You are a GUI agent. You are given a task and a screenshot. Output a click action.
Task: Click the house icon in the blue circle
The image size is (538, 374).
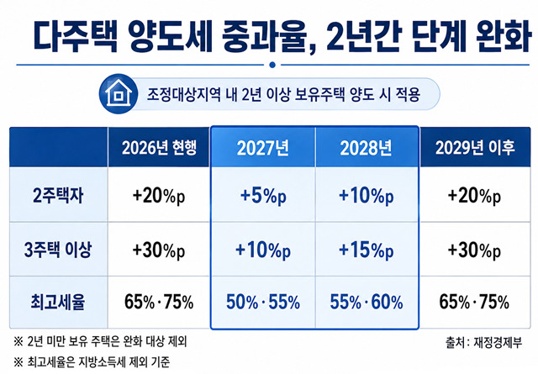pyautogui.click(x=119, y=93)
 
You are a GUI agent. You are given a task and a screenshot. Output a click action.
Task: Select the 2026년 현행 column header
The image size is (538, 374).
pyautogui.click(x=159, y=148)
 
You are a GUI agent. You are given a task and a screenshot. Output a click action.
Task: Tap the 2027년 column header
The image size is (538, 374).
pyautogui.click(x=263, y=148)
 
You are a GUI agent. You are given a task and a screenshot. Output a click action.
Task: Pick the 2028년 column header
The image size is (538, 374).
pyautogui.click(x=366, y=148)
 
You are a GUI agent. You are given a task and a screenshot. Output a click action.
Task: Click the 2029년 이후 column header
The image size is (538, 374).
pyautogui.click(x=475, y=148)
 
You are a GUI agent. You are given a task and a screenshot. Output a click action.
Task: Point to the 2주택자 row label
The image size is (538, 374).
pyautogui.click(x=58, y=196)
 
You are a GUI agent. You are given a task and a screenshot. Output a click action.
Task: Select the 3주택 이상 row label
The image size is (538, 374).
pyautogui.click(x=58, y=250)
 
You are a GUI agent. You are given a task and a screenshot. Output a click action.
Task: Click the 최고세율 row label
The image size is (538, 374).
pyautogui.click(x=58, y=302)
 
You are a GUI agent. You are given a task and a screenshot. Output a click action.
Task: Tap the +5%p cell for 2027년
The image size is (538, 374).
pyautogui.click(x=263, y=196)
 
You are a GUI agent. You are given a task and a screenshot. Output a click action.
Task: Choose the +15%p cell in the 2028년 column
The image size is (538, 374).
pyautogui.click(x=367, y=250)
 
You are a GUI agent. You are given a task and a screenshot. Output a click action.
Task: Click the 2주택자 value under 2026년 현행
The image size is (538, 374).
pyautogui.click(x=159, y=196)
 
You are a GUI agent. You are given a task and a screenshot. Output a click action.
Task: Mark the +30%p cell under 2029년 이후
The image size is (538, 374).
pyautogui.click(x=474, y=250)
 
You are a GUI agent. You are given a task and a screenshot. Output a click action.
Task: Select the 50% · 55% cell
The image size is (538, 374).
pyautogui.click(x=263, y=303)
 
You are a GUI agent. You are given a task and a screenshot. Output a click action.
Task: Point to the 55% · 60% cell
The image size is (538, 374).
pyautogui.click(x=367, y=303)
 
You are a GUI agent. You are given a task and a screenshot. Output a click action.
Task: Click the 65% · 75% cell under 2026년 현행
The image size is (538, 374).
pyautogui.click(x=159, y=303)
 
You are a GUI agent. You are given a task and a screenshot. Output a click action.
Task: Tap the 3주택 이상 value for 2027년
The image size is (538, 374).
pyautogui.click(x=263, y=250)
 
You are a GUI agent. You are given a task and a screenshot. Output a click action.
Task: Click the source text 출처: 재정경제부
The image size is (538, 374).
pyautogui.click(x=484, y=342)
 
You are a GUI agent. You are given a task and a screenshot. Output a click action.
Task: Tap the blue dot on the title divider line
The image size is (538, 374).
pyautogui.click(x=272, y=65)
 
